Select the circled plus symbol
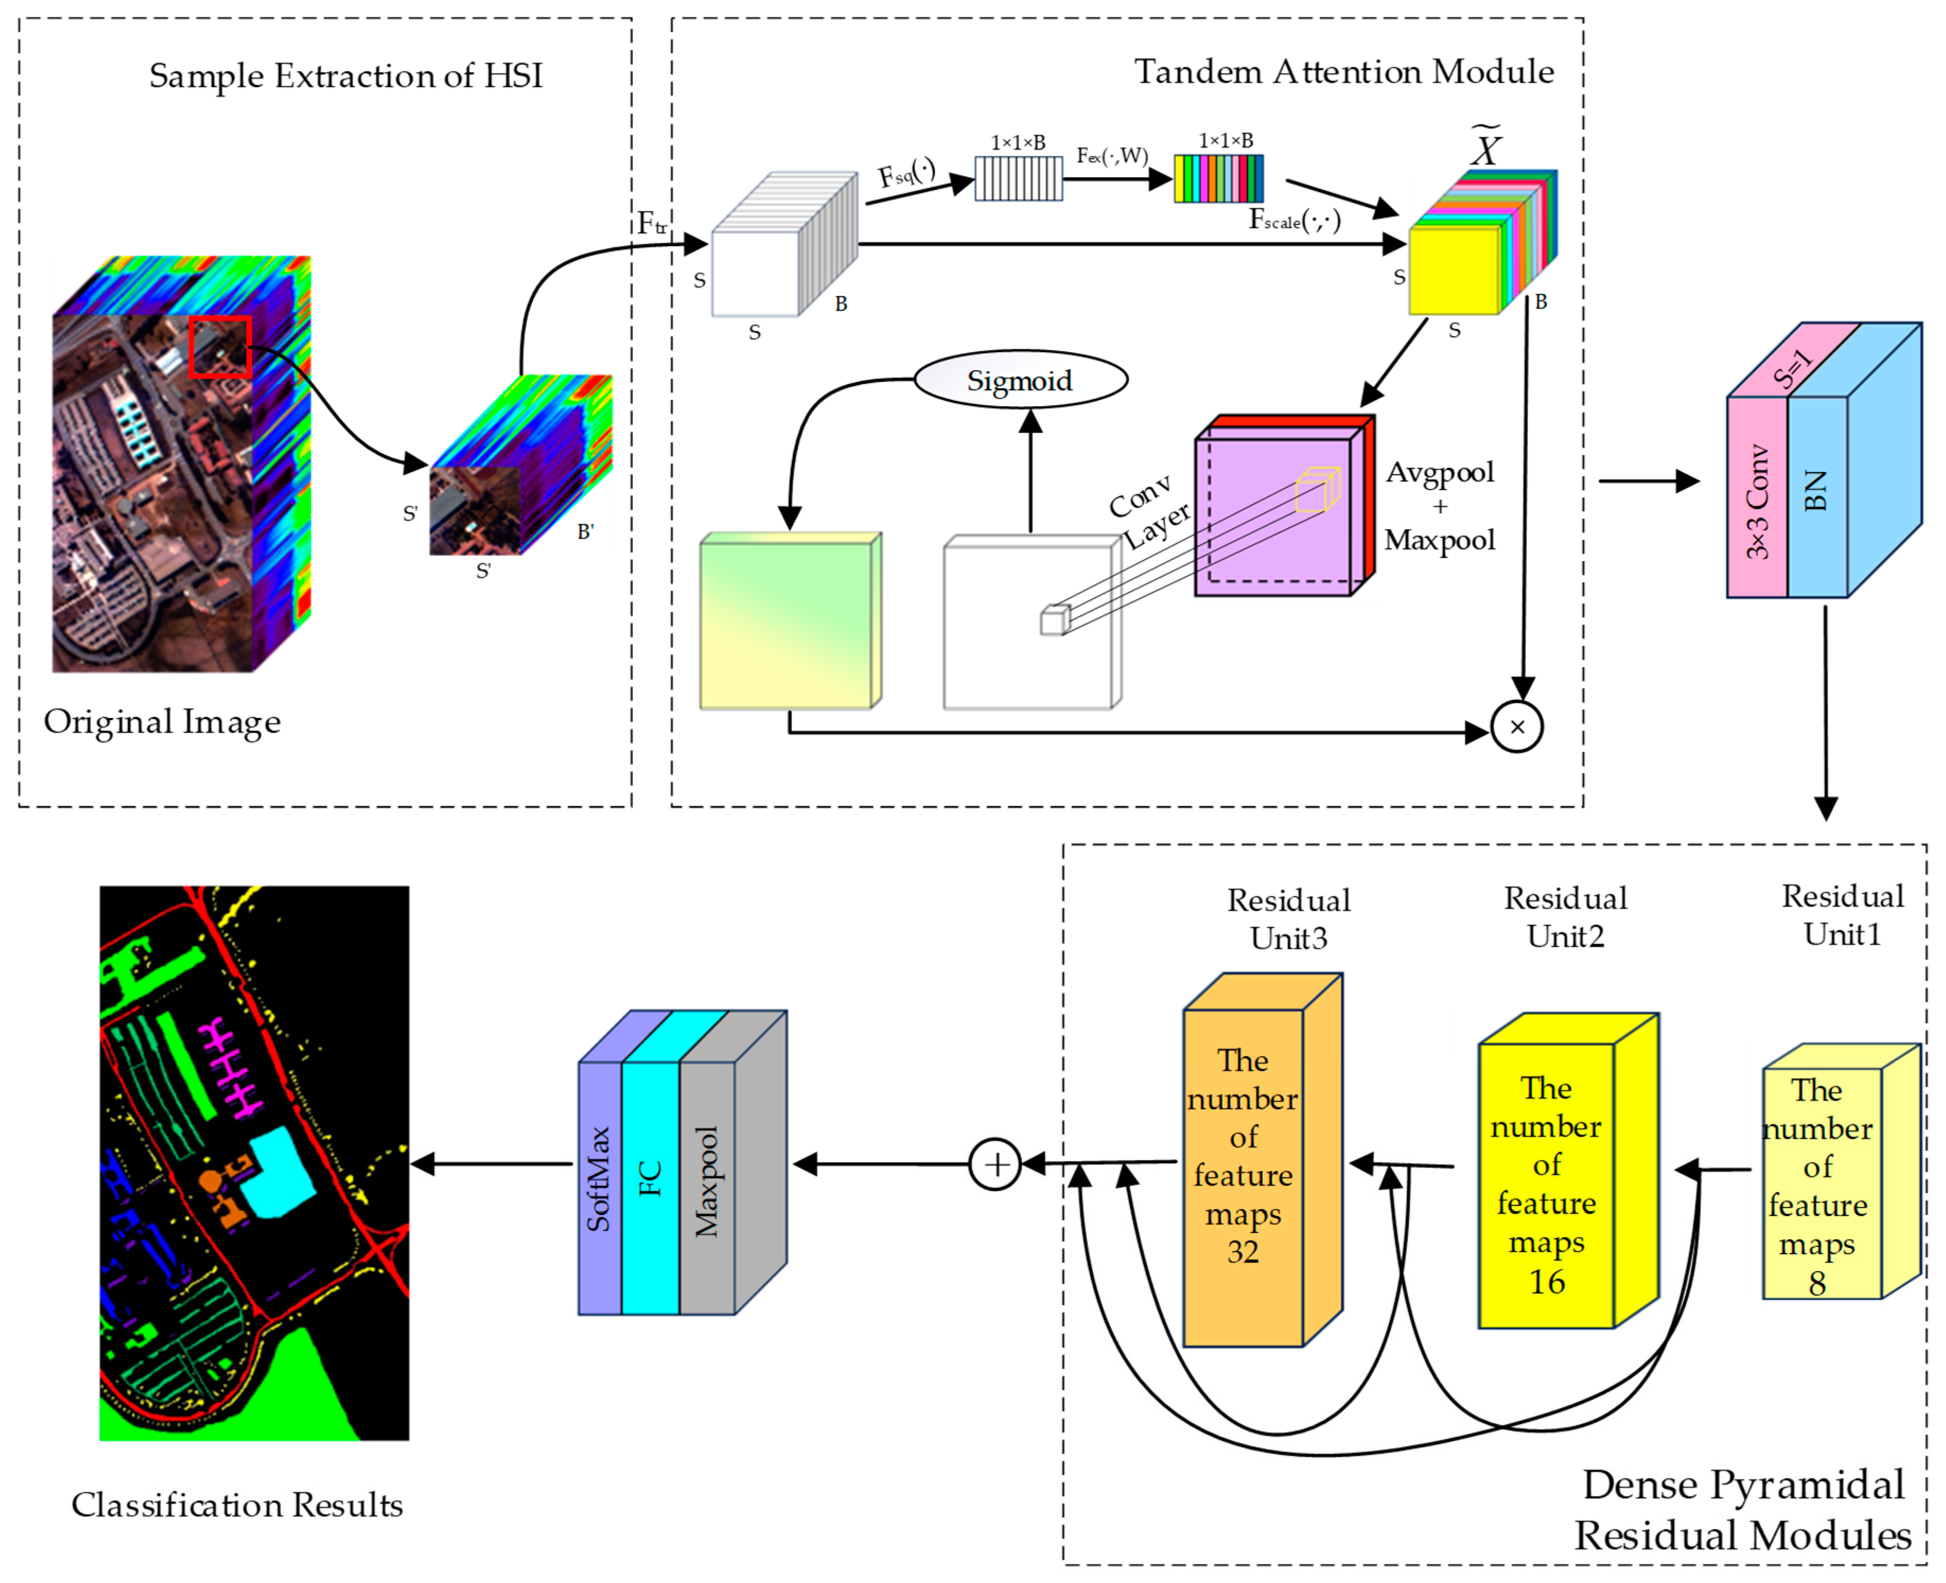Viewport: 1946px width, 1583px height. tap(995, 1165)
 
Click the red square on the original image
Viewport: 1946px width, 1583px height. tap(220, 346)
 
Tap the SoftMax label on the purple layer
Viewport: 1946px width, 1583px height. tap(598, 1179)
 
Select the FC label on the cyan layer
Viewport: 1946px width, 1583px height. tap(649, 1178)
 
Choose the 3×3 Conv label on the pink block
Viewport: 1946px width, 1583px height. tap(1757, 502)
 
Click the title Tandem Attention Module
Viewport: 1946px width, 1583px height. tap(1344, 71)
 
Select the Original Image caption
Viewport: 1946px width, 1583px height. tap(162, 722)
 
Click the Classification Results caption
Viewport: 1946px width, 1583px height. tap(237, 1505)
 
